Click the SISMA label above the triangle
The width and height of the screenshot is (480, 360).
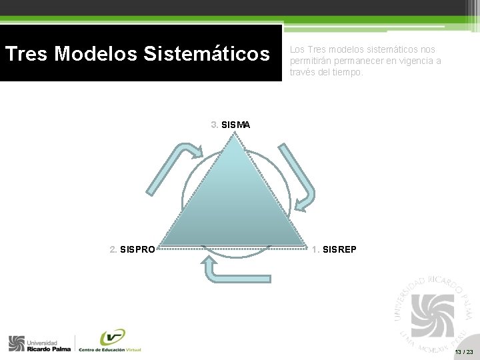[x=235, y=125]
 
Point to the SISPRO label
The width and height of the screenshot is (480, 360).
[x=138, y=250]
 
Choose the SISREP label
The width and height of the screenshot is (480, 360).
[x=339, y=249]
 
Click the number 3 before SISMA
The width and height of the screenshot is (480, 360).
[x=214, y=125]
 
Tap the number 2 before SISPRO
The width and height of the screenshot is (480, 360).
[x=113, y=250]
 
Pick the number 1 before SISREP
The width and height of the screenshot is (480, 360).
[x=315, y=249]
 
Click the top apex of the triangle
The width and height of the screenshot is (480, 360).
[x=235, y=135]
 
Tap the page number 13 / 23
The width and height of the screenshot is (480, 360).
[x=463, y=351]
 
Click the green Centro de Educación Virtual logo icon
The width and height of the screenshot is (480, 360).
[x=113, y=337]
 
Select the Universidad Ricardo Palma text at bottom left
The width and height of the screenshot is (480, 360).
[x=48, y=345]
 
